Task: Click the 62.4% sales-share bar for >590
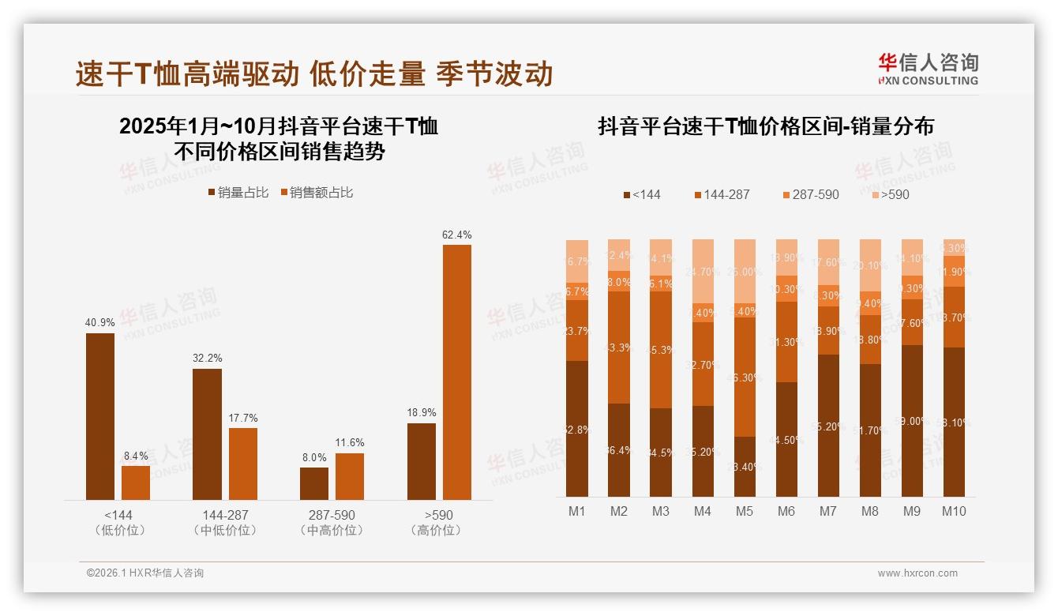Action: click(456, 372)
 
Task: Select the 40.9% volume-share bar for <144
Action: click(100, 416)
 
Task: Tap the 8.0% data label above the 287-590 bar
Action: click(313, 457)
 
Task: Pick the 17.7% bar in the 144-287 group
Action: click(243, 464)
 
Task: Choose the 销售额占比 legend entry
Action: click(317, 193)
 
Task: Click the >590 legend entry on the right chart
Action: click(889, 194)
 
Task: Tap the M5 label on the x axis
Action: click(745, 511)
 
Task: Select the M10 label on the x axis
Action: click(954, 511)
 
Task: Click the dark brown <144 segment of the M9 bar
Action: click(912, 421)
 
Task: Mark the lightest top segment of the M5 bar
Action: click(745, 271)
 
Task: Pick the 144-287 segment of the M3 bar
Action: click(661, 350)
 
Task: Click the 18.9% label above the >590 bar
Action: click(421, 412)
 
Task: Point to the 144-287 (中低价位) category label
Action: click(225, 522)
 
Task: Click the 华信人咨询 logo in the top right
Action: click(928, 69)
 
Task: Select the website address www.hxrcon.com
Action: click(917, 573)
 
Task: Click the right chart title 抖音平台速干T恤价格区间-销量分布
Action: click(766, 126)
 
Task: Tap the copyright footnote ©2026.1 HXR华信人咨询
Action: click(145, 573)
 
